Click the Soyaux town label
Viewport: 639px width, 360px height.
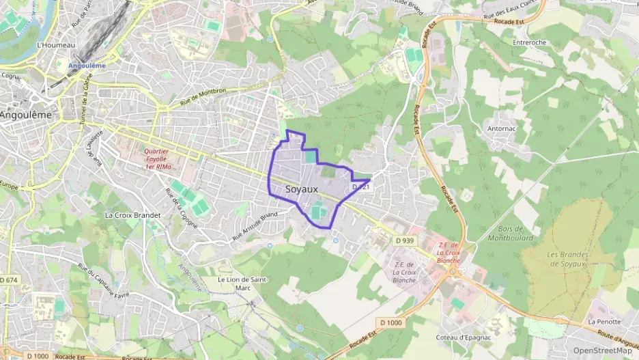tap(302, 189)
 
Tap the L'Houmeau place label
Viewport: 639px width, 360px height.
tap(55, 45)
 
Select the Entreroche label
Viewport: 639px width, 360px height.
tap(529, 42)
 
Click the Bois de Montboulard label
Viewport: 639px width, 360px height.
tap(510, 233)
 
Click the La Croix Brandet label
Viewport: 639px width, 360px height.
tap(132, 214)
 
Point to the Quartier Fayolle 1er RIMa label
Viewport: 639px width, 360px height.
tap(158, 159)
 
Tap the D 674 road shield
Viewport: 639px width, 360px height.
tap(8, 280)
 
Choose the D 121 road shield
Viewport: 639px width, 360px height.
tap(360, 186)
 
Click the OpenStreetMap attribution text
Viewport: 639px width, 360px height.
tap(602, 350)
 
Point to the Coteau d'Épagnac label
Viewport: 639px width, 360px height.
tap(464, 337)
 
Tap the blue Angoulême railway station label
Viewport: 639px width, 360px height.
tap(87, 66)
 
